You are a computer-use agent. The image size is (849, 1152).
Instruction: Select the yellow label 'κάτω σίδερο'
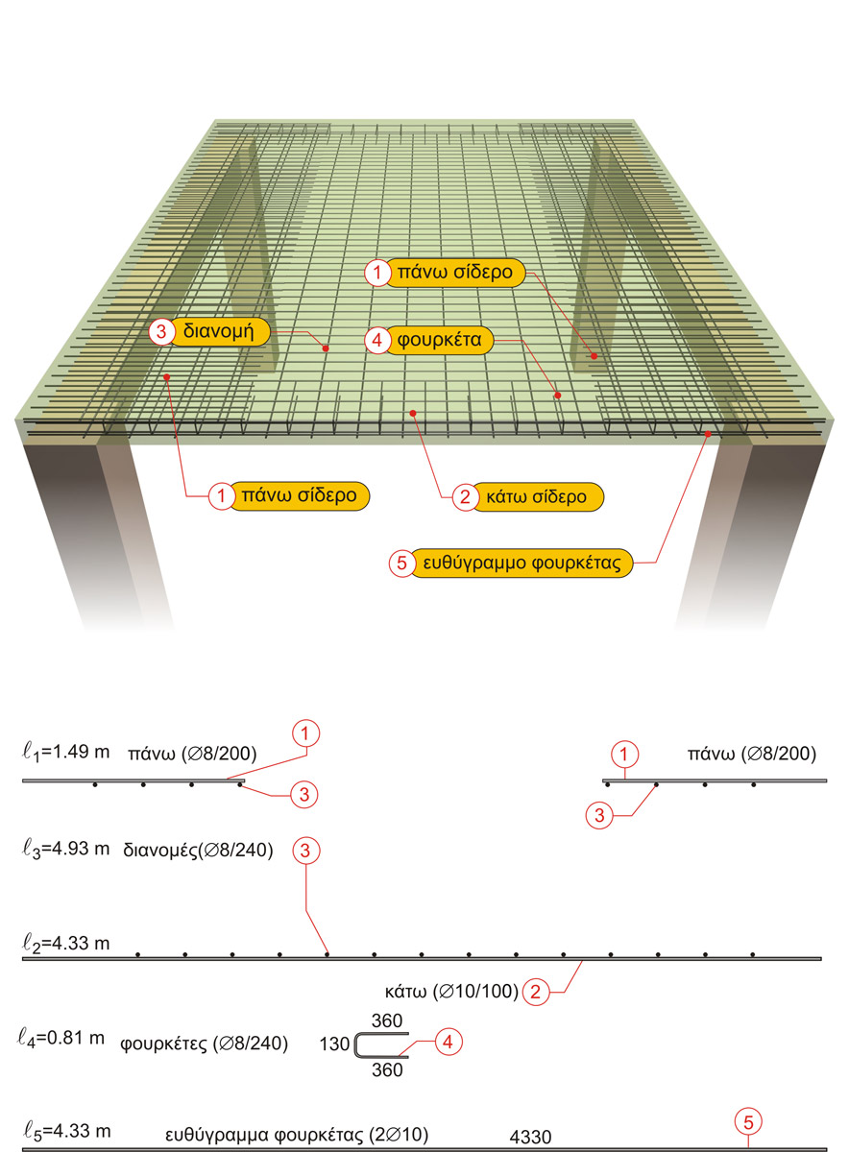coord(536,496)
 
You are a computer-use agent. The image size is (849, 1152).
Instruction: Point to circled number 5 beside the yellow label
coord(401,564)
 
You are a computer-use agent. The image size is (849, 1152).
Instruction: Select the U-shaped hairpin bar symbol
coord(380,1045)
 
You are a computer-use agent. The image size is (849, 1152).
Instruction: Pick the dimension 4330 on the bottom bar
coord(531,1138)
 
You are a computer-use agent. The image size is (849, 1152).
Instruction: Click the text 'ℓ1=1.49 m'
coord(64,752)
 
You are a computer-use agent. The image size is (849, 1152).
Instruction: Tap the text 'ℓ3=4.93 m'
coord(64,849)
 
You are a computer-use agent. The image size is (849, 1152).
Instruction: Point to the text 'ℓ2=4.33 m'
coord(64,944)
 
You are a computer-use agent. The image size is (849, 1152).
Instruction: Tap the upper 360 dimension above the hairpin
coord(386,1020)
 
